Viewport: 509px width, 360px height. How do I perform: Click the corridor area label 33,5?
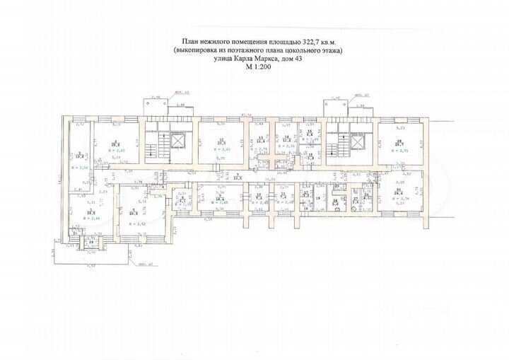(239, 178)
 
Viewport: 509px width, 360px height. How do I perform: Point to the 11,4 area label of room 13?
(260, 141)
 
